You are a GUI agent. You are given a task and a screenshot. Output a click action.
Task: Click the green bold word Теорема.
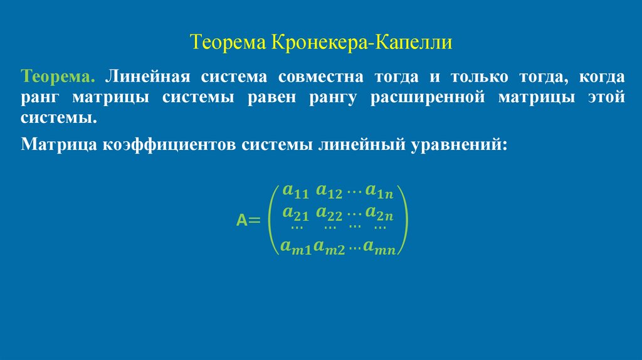[x=58, y=78]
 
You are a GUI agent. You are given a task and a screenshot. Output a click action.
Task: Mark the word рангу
[x=331, y=98]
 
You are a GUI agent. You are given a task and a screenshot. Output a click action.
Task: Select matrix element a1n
[x=379, y=191]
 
